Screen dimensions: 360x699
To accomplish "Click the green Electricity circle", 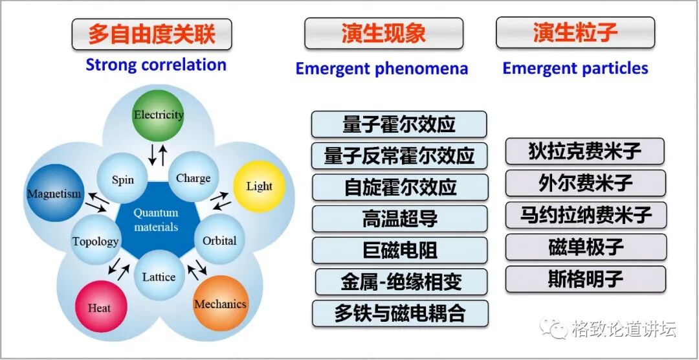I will tap(159, 115).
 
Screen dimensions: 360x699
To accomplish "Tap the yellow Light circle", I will tap(259, 186).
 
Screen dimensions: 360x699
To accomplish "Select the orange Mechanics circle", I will tap(220, 304).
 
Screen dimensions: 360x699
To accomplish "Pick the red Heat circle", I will tap(100, 308).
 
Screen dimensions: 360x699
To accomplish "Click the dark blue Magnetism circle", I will tap(54, 193).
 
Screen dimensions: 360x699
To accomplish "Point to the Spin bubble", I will tap(122, 179).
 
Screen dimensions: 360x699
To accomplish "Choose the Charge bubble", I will tap(193, 178).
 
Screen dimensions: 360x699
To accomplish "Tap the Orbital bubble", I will tap(219, 241).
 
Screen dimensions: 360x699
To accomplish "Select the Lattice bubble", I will tap(159, 277).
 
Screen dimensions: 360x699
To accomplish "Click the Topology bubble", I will tap(96, 242).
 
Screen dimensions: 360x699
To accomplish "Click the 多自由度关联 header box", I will tap(151, 34).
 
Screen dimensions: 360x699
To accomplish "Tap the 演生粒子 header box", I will tap(575, 33).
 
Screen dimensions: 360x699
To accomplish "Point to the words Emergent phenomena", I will tap(381, 69).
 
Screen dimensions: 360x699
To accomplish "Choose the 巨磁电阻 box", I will tap(399, 250).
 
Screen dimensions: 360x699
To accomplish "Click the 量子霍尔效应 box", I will tap(399, 124).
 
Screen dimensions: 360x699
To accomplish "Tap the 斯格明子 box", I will tap(585, 279).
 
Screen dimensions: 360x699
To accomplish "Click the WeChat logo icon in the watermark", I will tap(555, 329).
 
